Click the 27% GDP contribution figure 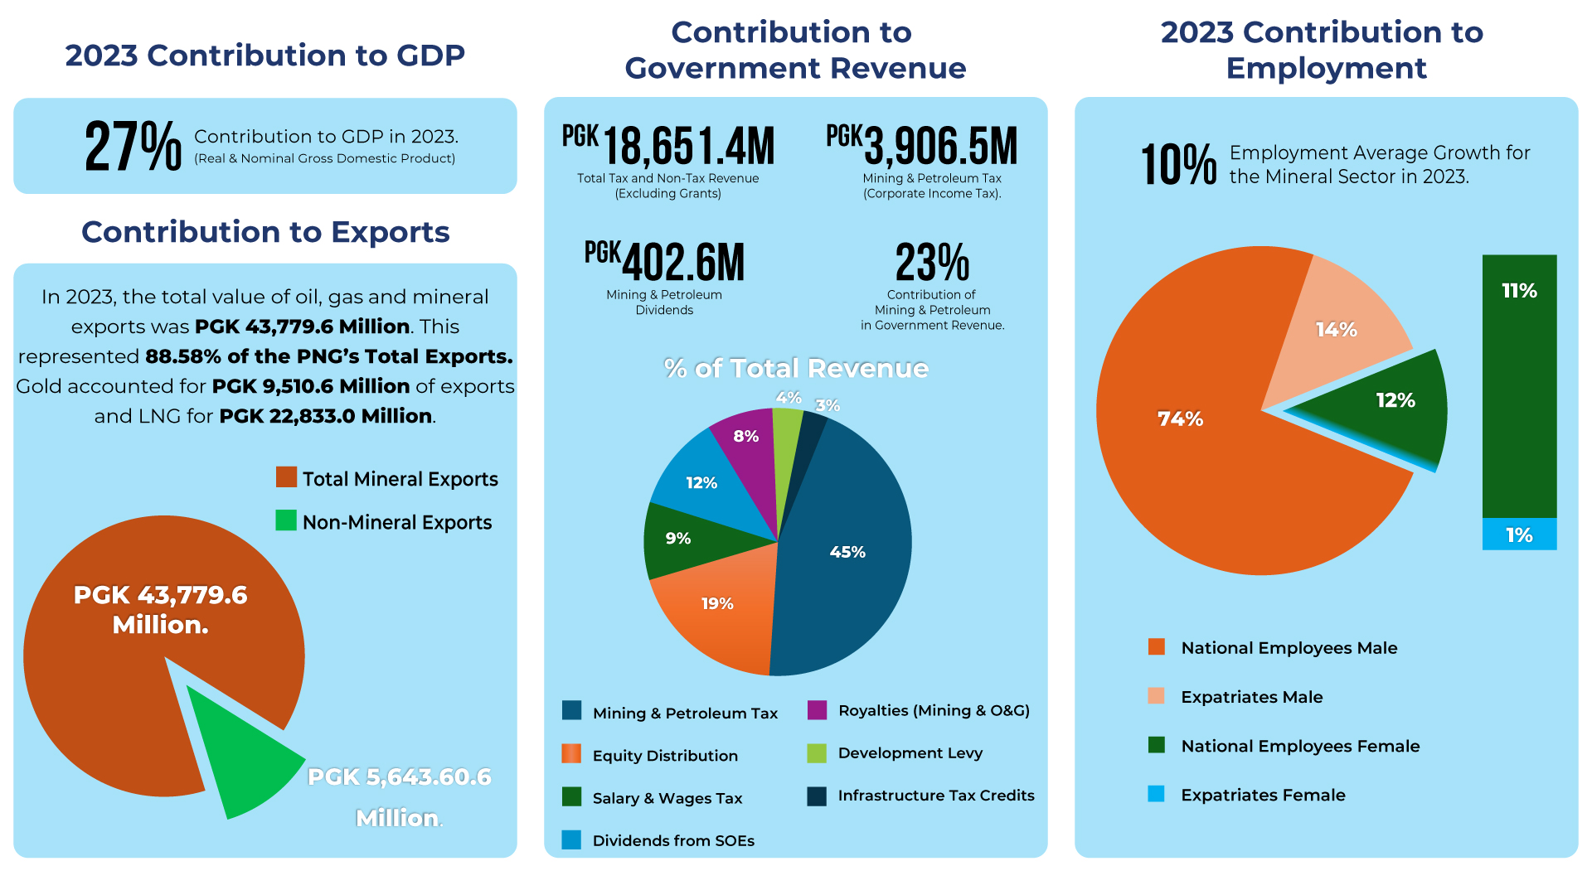point(133,147)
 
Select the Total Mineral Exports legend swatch point(286,477)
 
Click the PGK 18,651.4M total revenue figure point(668,146)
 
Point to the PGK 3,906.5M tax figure point(922,146)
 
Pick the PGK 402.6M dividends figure point(665,262)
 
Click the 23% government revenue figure point(932,263)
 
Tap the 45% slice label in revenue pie point(847,552)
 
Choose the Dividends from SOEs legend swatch point(571,840)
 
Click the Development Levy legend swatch point(817,753)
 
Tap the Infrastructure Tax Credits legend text point(936,796)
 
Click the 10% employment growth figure point(1178,164)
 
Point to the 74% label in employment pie point(1180,419)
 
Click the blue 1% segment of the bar point(1519,535)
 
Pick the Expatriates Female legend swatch point(1156,795)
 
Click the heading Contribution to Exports point(265,232)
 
